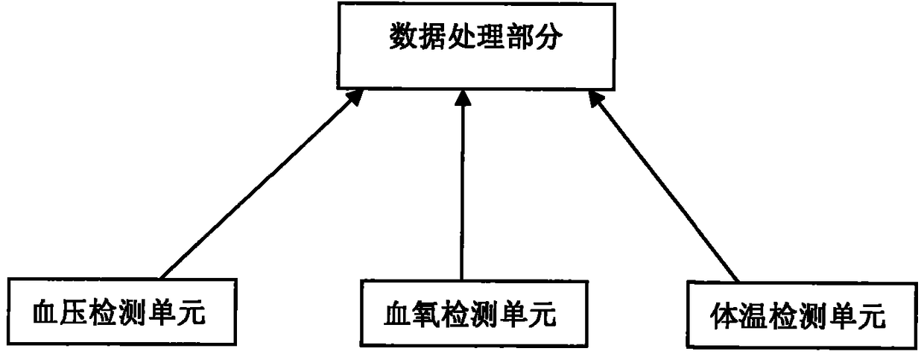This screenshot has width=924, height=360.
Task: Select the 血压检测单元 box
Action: pos(119,312)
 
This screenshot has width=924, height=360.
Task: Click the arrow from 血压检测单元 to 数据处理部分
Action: pos(261,183)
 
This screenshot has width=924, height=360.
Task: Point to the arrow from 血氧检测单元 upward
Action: pos(462,186)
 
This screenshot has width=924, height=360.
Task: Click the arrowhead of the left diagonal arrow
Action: pos(356,95)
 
